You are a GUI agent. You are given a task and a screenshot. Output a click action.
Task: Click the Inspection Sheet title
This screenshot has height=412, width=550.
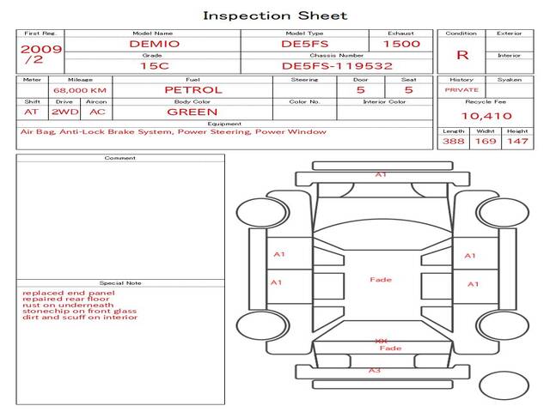275,15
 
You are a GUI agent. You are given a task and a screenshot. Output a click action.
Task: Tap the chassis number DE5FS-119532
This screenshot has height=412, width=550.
337,65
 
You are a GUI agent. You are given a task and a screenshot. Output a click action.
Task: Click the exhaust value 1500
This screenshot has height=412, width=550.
401,44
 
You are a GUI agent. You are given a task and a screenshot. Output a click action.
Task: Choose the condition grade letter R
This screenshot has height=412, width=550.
462,55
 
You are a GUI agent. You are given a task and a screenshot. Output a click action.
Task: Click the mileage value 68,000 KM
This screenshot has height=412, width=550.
79,90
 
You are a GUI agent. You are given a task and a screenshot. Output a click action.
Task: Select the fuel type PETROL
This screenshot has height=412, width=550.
193,89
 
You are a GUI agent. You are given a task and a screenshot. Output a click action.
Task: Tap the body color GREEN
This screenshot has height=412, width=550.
192,112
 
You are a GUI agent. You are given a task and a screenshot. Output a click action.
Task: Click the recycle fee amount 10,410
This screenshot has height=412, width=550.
486,116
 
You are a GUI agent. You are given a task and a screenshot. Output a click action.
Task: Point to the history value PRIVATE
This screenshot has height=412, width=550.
461,90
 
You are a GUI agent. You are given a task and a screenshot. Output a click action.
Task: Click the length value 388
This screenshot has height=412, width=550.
454,141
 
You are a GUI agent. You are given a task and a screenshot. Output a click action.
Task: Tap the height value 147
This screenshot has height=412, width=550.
516,141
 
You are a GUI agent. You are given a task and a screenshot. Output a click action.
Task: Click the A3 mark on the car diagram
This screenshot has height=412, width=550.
375,370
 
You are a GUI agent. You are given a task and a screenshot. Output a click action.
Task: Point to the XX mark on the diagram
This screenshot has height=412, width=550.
382,341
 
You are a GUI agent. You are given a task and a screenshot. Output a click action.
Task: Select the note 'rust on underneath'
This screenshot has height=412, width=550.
68,305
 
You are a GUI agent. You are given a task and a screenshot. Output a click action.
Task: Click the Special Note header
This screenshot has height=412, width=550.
120,282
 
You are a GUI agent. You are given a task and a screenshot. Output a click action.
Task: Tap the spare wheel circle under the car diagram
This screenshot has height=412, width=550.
504,385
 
